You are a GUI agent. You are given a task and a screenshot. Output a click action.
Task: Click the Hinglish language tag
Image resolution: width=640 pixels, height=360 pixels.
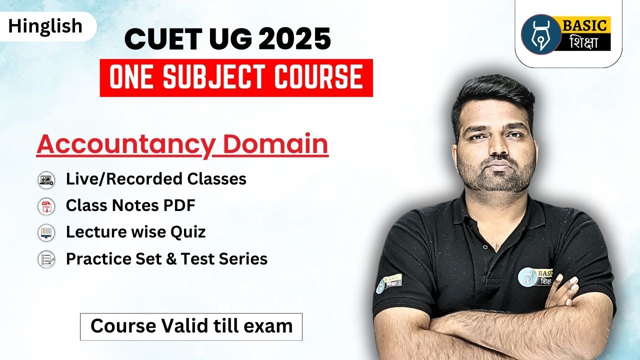point(45,26)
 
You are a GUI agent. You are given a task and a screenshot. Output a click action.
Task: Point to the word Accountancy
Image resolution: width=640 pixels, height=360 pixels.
point(125,144)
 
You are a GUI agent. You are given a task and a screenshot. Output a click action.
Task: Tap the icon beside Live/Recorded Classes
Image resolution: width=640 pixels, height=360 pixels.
point(46,180)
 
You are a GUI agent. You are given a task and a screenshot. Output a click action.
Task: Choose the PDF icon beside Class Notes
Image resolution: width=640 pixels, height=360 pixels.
point(46,206)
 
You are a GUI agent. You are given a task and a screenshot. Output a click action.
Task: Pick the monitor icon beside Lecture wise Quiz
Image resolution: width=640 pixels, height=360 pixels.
point(46,232)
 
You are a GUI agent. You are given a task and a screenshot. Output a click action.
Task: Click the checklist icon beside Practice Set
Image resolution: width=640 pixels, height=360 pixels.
point(46,259)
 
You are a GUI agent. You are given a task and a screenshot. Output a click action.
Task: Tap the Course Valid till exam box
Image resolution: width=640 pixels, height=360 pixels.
point(191,327)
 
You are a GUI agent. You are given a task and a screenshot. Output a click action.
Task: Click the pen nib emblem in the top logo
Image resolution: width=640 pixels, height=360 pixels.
point(541,34)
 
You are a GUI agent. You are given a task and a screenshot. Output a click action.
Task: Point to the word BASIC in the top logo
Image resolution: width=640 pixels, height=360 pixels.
point(584,25)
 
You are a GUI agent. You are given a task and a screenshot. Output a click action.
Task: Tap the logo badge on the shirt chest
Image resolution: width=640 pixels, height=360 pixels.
point(535,277)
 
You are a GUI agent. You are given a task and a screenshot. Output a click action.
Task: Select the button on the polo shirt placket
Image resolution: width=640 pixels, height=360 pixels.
point(485,246)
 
